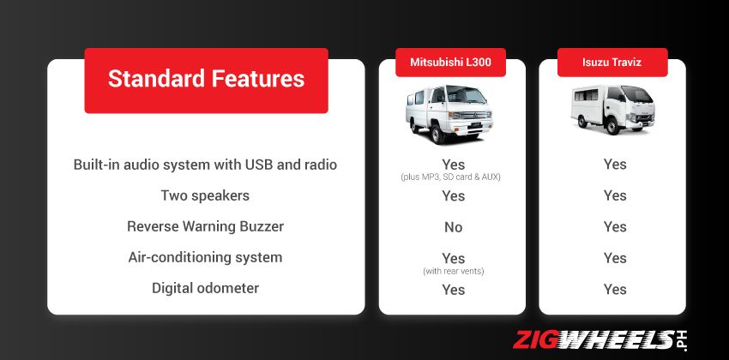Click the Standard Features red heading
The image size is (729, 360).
point(206,80)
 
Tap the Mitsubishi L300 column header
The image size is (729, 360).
point(450,63)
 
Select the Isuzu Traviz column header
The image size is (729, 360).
point(612,63)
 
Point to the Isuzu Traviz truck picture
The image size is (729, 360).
point(612,110)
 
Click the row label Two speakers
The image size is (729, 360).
point(205,195)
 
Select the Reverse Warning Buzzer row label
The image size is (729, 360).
point(205,226)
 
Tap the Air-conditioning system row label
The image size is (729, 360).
point(205,257)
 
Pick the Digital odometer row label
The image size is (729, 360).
point(205,288)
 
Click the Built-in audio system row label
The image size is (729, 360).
point(205,164)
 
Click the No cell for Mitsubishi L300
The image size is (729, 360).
point(453,227)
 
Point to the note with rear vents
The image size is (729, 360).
point(453,272)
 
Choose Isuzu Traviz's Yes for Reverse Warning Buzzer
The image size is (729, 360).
point(615,227)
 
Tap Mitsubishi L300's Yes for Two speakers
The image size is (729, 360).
point(453,196)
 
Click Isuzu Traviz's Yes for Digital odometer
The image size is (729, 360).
point(615,290)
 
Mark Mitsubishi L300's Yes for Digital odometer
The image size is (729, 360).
point(453,290)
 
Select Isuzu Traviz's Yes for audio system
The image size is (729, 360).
point(615,165)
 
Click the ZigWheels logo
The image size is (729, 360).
point(601,339)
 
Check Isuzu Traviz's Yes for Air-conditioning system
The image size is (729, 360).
point(615,258)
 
